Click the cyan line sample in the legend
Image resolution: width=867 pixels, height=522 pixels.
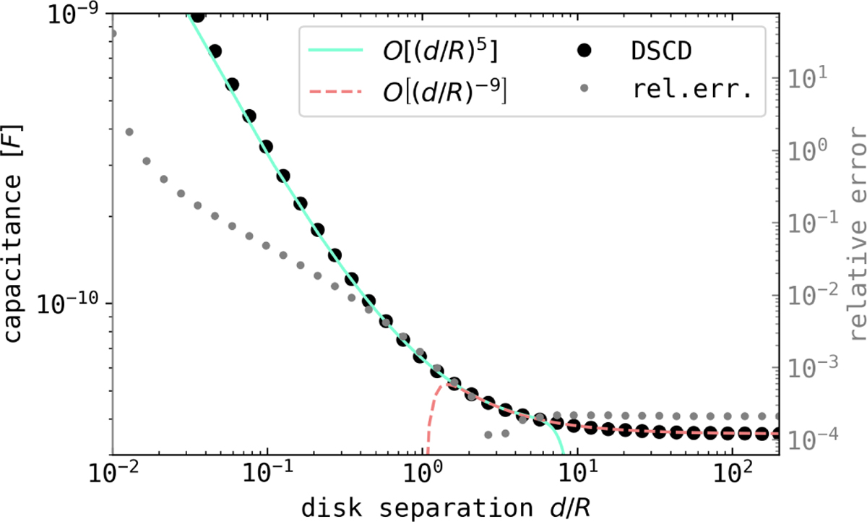[335, 51]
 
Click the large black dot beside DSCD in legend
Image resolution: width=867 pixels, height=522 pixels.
[587, 51]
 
